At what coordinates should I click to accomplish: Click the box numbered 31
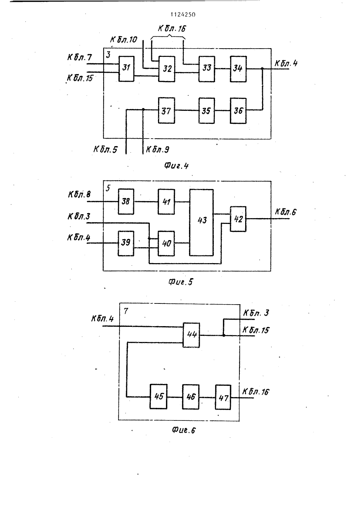click(126, 69)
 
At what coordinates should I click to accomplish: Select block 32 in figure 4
click(167, 69)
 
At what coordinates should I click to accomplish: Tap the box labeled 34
click(238, 69)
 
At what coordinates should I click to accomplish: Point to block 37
click(166, 111)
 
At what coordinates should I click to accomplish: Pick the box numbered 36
click(238, 111)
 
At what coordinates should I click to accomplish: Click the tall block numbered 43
click(201, 222)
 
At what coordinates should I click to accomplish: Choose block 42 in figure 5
click(238, 219)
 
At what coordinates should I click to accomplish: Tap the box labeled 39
click(126, 243)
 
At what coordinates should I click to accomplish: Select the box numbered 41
click(166, 202)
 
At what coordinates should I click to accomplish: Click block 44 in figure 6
click(191, 335)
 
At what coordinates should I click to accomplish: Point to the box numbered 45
click(158, 397)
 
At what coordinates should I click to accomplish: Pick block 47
click(223, 397)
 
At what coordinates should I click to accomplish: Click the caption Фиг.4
click(176, 166)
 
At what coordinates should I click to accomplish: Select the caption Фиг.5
click(181, 282)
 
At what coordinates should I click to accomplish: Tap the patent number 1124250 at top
click(183, 14)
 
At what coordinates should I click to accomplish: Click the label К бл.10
click(123, 40)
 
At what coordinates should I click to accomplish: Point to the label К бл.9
click(158, 149)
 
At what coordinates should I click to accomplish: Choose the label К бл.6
click(286, 212)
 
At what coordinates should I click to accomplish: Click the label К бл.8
click(79, 194)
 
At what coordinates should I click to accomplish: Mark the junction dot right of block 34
click(262, 68)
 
